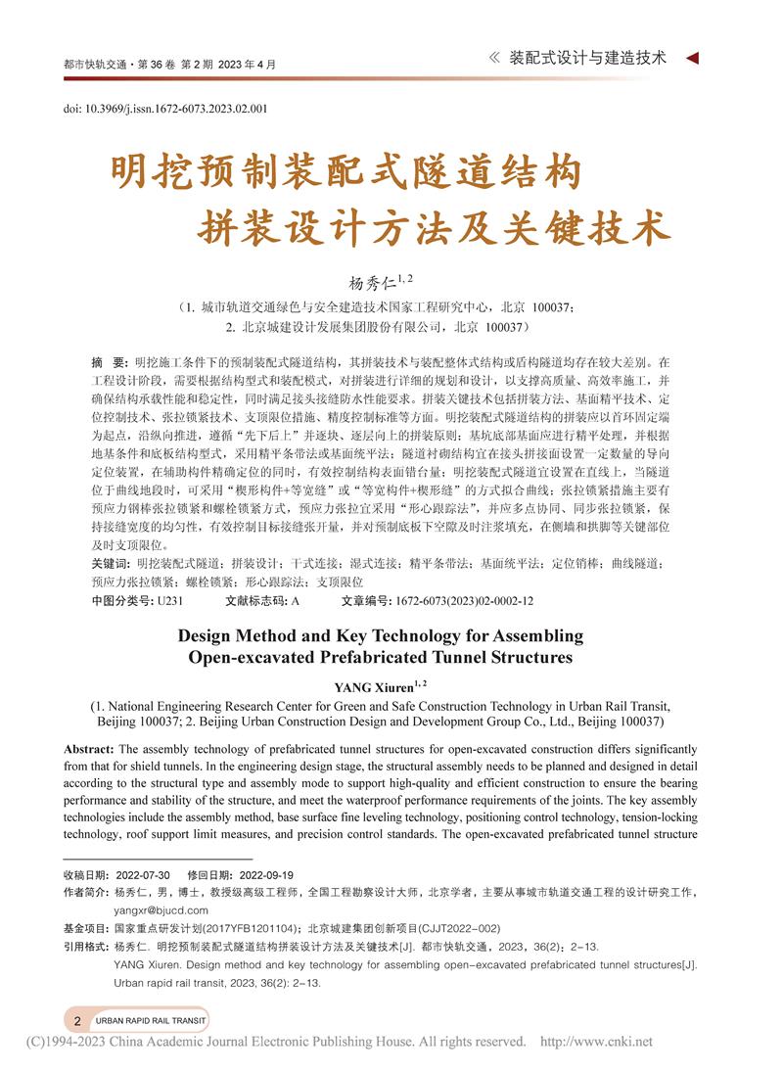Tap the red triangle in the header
692,58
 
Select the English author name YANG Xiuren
373,686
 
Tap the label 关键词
109,564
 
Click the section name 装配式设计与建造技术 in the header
588,58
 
